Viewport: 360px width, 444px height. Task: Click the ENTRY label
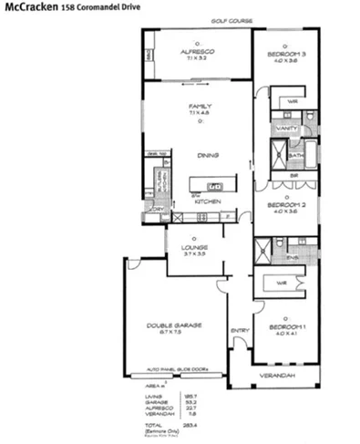(240, 330)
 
